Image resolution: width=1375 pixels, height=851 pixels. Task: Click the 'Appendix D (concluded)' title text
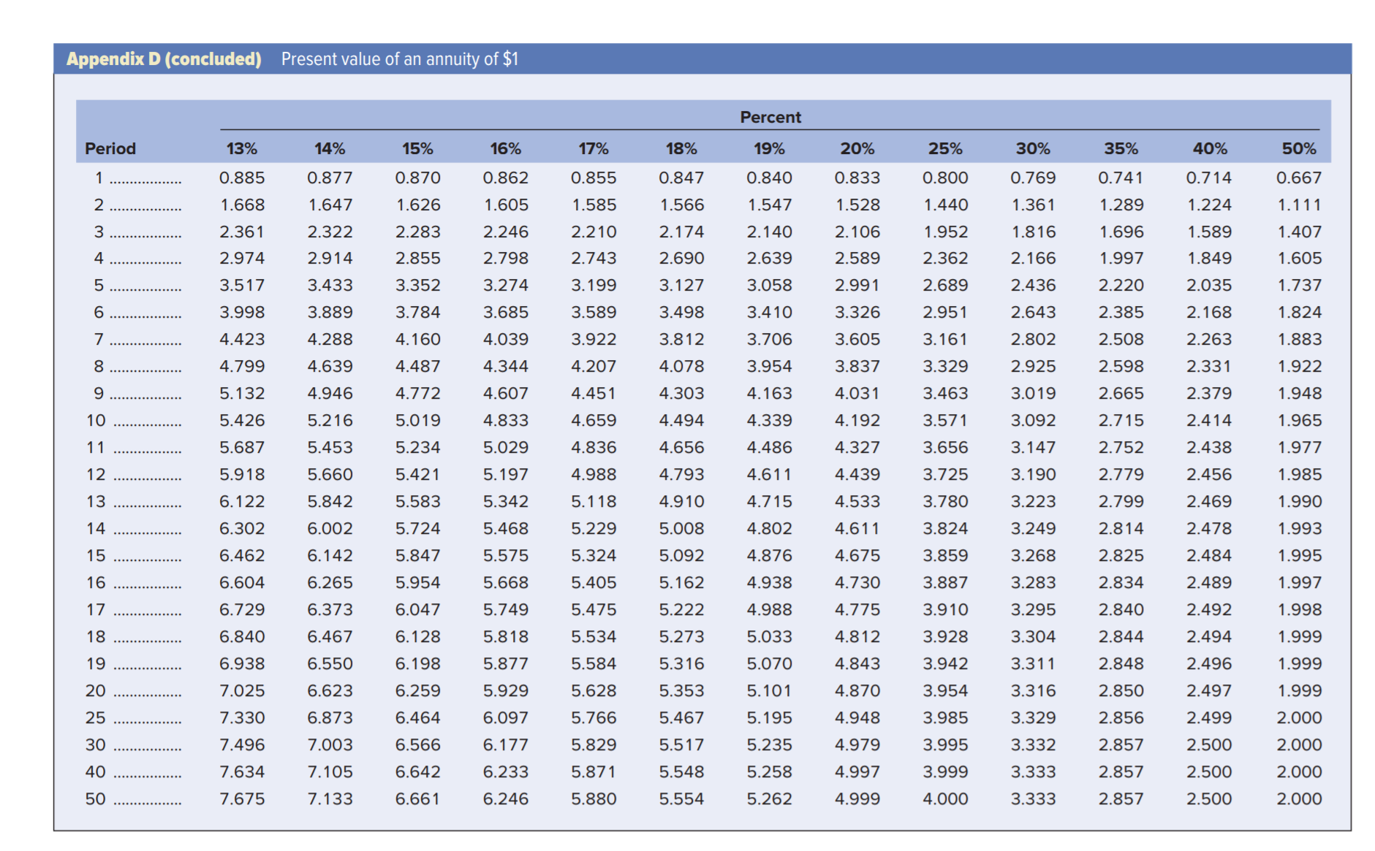click(x=164, y=59)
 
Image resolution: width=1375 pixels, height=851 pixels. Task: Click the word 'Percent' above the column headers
click(x=770, y=117)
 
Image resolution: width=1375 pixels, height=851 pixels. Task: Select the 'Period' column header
click(x=110, y=149)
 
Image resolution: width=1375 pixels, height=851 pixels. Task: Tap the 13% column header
click(x=242, y=149)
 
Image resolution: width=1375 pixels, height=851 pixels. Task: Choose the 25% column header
click(x=945, y=149)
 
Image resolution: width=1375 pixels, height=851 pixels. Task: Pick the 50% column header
click(x=1299, y=149)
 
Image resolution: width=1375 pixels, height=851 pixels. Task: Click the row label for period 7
click(x=99, y=340)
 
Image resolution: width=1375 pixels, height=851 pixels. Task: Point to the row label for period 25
click(x=96, y=718)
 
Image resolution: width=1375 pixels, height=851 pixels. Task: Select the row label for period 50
click(x=96, y=799)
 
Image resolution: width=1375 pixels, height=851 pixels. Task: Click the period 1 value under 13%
click(x=242, y=178)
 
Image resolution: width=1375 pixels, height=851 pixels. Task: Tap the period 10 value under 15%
click(x=417, y=421)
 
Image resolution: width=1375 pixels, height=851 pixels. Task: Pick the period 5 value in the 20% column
click(x=857, y=286)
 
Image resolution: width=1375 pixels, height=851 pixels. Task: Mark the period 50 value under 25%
click(x=945, y=799)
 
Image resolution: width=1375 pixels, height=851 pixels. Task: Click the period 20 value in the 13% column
click(x=242, y=691)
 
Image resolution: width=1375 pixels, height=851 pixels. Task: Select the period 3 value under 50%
click(x=1299, y=232)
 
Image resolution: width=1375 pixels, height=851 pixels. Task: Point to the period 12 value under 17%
click(x=594, y=475)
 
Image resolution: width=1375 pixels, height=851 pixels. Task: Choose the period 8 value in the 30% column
click(x=1033, y=367)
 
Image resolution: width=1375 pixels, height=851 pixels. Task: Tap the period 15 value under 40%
click(x=1209, y=556)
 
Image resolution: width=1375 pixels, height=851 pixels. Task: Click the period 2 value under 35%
click(x=1121, y=205)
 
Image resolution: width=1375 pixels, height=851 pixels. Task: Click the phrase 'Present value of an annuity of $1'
click(x=400, y=59)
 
